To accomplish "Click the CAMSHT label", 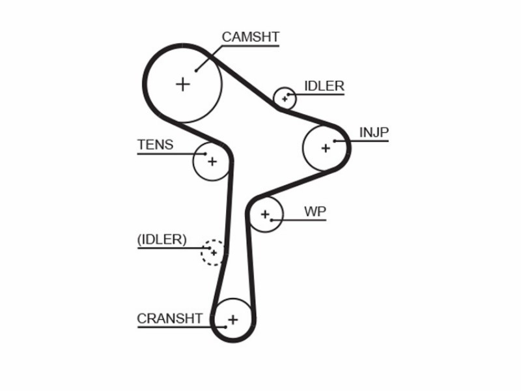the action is coord(251,37).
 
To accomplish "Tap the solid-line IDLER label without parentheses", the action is coord(324,86).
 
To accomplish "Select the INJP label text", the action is coord(374,132).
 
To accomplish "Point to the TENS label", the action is coord(155,145).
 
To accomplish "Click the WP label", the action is coord(315,211).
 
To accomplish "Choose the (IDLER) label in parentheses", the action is coord(162,239).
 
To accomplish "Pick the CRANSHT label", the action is coord(169,319).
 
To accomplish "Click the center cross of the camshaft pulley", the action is coord(183,84).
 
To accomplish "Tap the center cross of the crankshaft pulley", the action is coord(233,319).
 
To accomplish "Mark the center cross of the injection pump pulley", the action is coord(326,148).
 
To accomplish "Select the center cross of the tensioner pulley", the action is coord(212,162).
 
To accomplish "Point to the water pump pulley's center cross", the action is coord(265,214).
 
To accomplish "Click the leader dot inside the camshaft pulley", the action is coord(197,70).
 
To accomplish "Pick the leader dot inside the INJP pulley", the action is coord(335,141).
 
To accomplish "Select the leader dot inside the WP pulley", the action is coord(272,220).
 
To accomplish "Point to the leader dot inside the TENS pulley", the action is coord(205,154).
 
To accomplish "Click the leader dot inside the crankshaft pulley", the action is coord(225,327).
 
